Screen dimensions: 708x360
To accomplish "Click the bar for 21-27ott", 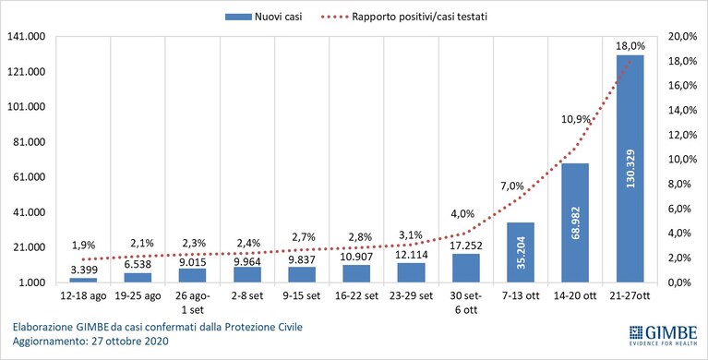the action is (x=630, y=169).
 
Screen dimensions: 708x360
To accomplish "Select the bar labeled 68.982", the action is (x=575, y=222).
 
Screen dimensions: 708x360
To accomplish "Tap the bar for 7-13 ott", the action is (x=521, y=253).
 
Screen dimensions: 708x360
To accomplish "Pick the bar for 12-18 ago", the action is (x=83, y=281).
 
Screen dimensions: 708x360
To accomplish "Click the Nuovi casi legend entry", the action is (x=264, y=18).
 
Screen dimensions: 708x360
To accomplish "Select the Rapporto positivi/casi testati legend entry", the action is (x=403, y=18).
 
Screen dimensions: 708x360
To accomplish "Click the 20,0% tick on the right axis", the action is (x=682, y=37).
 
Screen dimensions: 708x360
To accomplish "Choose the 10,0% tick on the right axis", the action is (x=682, y=160).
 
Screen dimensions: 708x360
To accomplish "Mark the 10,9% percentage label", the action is (x=576, y=120).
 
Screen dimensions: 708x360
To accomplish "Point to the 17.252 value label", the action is (x=466, y=246).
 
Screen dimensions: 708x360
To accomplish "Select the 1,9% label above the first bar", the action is (x=83, y=246).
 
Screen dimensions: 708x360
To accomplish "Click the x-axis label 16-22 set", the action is (x=356, y=296).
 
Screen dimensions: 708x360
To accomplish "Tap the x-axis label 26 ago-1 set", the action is (x=193, y=303).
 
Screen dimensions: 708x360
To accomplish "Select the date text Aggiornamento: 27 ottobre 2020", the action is (x=90, y=342).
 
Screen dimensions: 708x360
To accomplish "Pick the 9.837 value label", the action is (x=302, y=259).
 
